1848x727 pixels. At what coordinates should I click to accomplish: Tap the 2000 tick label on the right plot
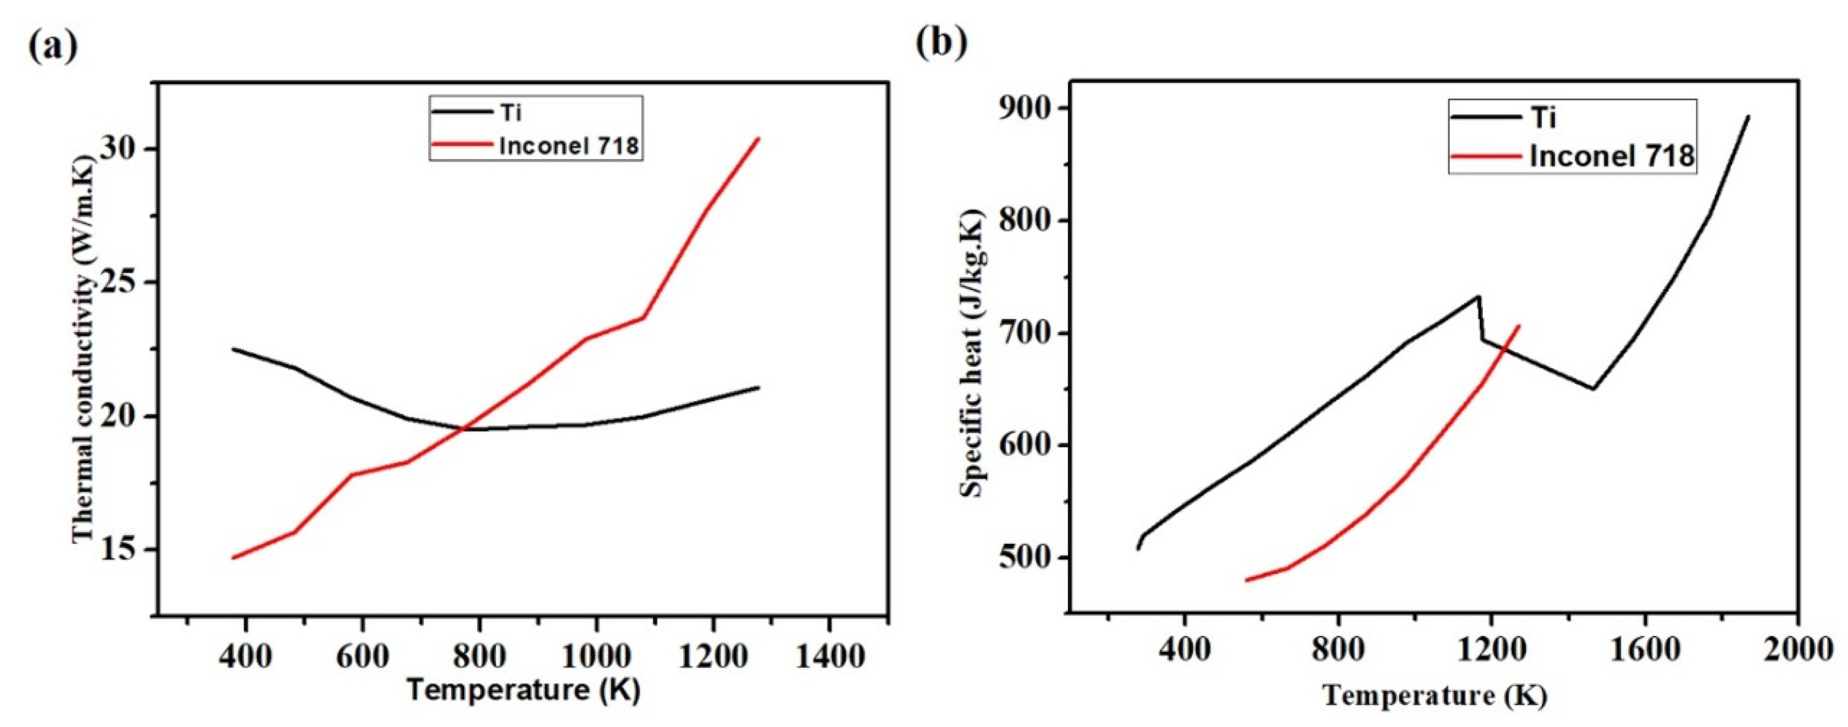pos(1798,651)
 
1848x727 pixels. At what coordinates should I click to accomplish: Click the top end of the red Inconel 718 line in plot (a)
pos(758,139)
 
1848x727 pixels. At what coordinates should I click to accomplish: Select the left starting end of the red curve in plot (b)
pos(1246,580)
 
